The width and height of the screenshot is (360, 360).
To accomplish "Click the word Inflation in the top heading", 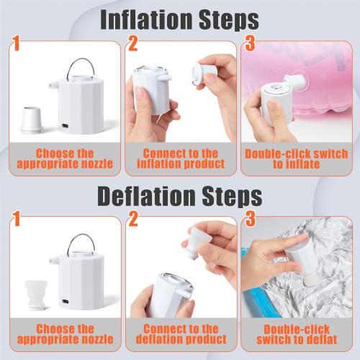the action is click(146, 19).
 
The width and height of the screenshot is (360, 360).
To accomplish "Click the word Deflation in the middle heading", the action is click(146, 197).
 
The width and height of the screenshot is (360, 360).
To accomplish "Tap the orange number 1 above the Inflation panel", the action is click(16, 43).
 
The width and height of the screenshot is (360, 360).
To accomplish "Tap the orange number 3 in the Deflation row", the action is click(251, 218).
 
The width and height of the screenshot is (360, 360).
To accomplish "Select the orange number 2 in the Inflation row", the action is click(133, 43).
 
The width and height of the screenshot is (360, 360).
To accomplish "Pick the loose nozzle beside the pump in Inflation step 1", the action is click(32, 120).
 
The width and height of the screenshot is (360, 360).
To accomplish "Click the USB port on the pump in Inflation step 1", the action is click(66, 126).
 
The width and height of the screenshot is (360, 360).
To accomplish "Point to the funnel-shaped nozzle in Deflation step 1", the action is click(35, 295).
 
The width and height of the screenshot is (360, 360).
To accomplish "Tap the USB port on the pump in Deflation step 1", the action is click(66, 302).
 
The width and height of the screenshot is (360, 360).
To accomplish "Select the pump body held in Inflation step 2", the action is click(152, 89).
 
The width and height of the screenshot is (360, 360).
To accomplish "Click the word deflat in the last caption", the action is click(320, 340).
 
